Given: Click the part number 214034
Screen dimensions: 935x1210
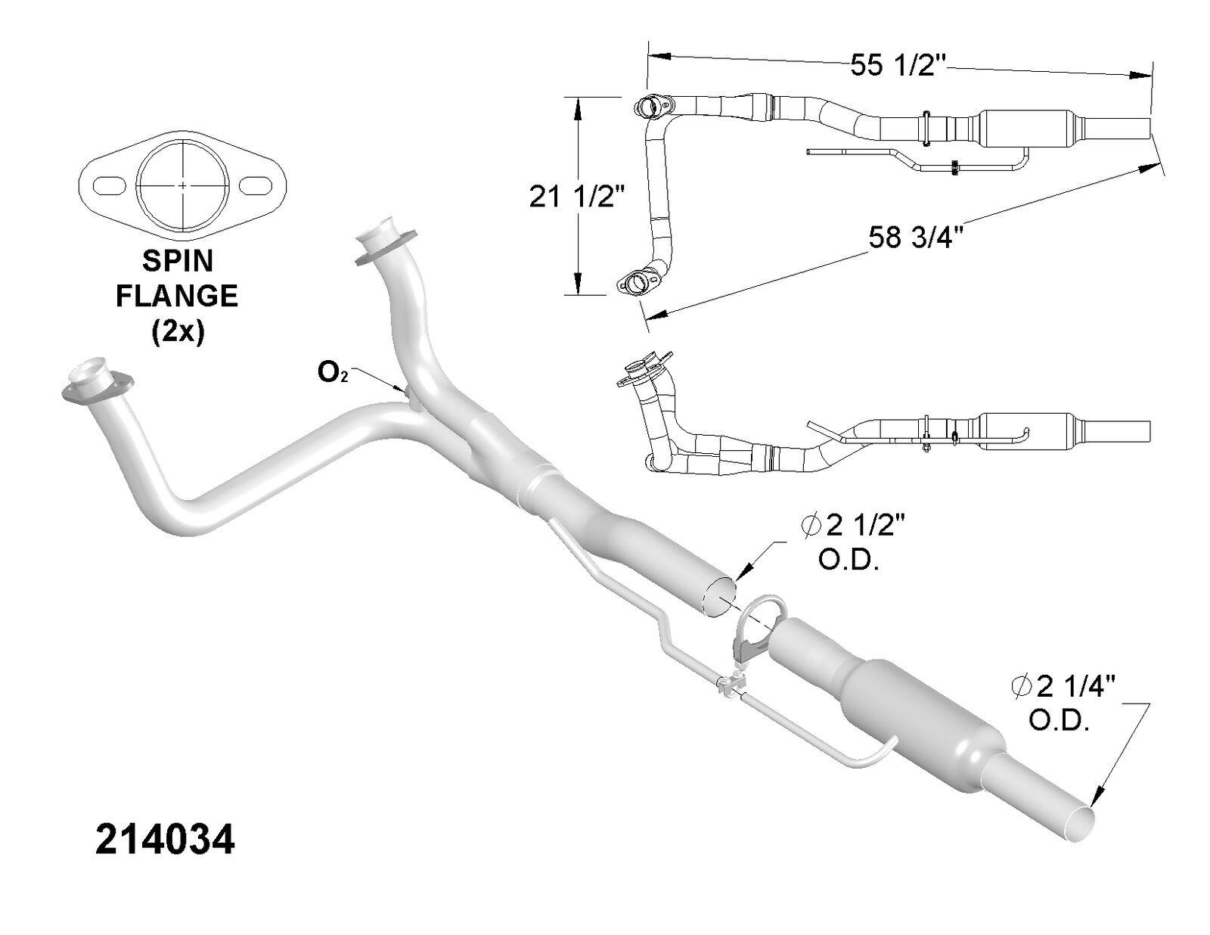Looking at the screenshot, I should [165, 840].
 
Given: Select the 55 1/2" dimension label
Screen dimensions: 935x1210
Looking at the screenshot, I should [898, 65].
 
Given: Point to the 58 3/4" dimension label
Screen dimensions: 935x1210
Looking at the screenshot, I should [915, 238].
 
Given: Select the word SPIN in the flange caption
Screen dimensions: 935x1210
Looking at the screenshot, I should [178, 261].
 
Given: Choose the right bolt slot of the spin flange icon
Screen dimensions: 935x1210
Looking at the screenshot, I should [256, 185].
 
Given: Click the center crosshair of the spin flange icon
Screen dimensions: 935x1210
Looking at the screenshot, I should [183, 185].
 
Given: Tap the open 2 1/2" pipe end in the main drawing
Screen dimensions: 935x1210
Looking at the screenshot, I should [719, 598].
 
